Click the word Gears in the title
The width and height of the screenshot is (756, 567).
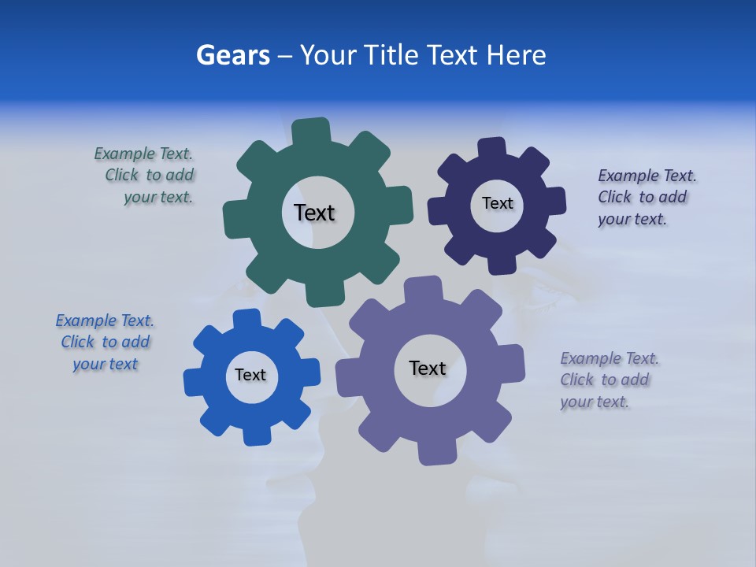tap(232, 55)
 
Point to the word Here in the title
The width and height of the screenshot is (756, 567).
tap(516, 55)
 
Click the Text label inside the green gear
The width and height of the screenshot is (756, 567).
tap(314, 213)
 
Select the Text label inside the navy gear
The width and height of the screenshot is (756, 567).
tap(497, 203)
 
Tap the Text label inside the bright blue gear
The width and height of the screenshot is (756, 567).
tap(250, 375)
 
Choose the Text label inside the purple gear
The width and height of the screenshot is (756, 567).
tap(428, 368)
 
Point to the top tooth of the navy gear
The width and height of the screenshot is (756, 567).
tap(492, 149)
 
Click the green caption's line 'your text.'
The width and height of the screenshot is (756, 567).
tap(158, 197)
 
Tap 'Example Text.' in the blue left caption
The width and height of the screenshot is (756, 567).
tap(105, 321)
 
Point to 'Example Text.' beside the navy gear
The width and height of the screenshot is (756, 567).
tap(647, 176)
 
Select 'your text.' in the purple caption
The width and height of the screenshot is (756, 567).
tap(595, 402)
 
